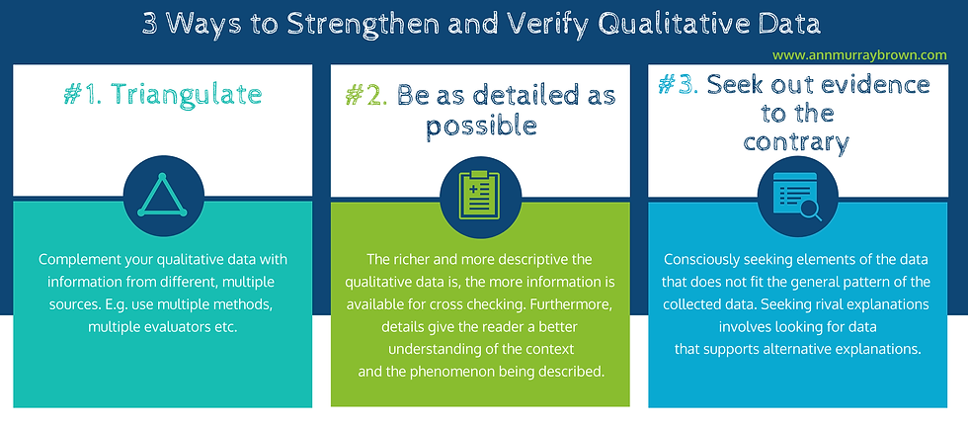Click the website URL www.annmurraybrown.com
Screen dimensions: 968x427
click(859, 55)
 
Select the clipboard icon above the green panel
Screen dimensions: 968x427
click(480, 195)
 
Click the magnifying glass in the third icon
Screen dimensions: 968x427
click(809, 210)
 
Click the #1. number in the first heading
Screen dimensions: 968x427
click(87, 95)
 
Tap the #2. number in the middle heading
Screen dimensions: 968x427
click(366, 95)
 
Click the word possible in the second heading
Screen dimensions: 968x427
click(481, 126)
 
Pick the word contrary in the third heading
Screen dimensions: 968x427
click(796, 142)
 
